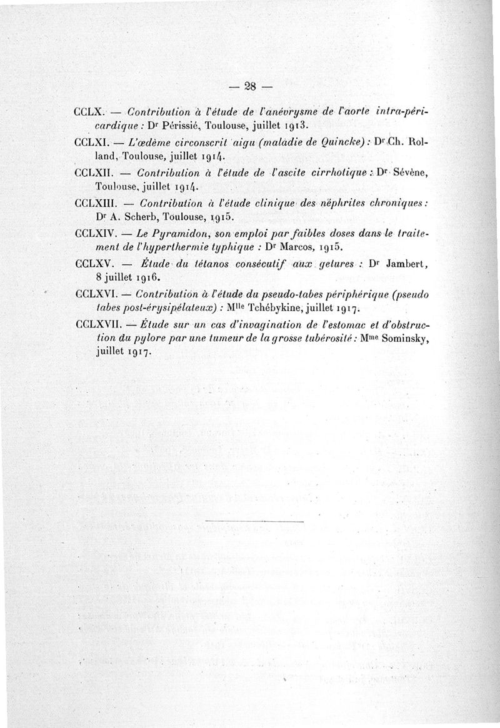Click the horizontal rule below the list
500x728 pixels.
(253, 521)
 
